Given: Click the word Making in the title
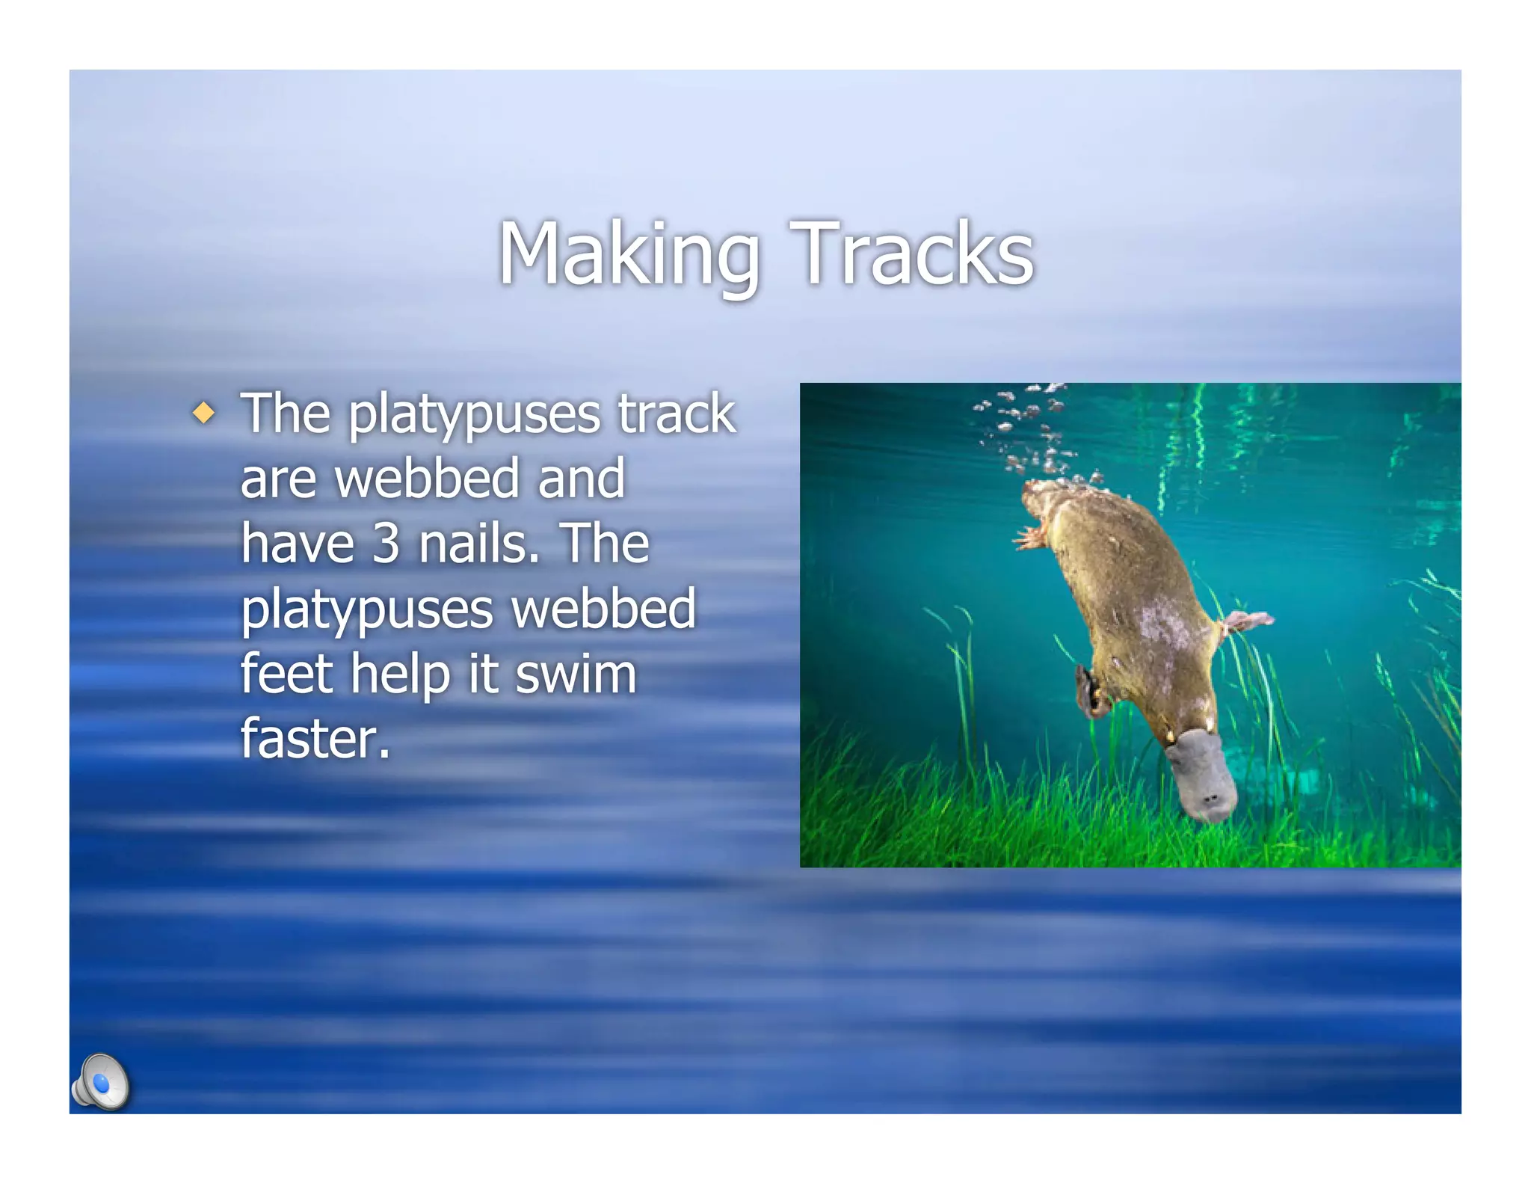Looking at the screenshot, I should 628,254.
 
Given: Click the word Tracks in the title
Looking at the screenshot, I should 912,254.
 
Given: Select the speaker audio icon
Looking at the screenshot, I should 102,1082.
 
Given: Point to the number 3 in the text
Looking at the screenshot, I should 386,544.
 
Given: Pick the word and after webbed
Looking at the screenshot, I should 582,479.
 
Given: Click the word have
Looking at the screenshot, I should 298,544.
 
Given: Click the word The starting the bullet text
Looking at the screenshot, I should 286,414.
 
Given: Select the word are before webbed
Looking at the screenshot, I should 278,479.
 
